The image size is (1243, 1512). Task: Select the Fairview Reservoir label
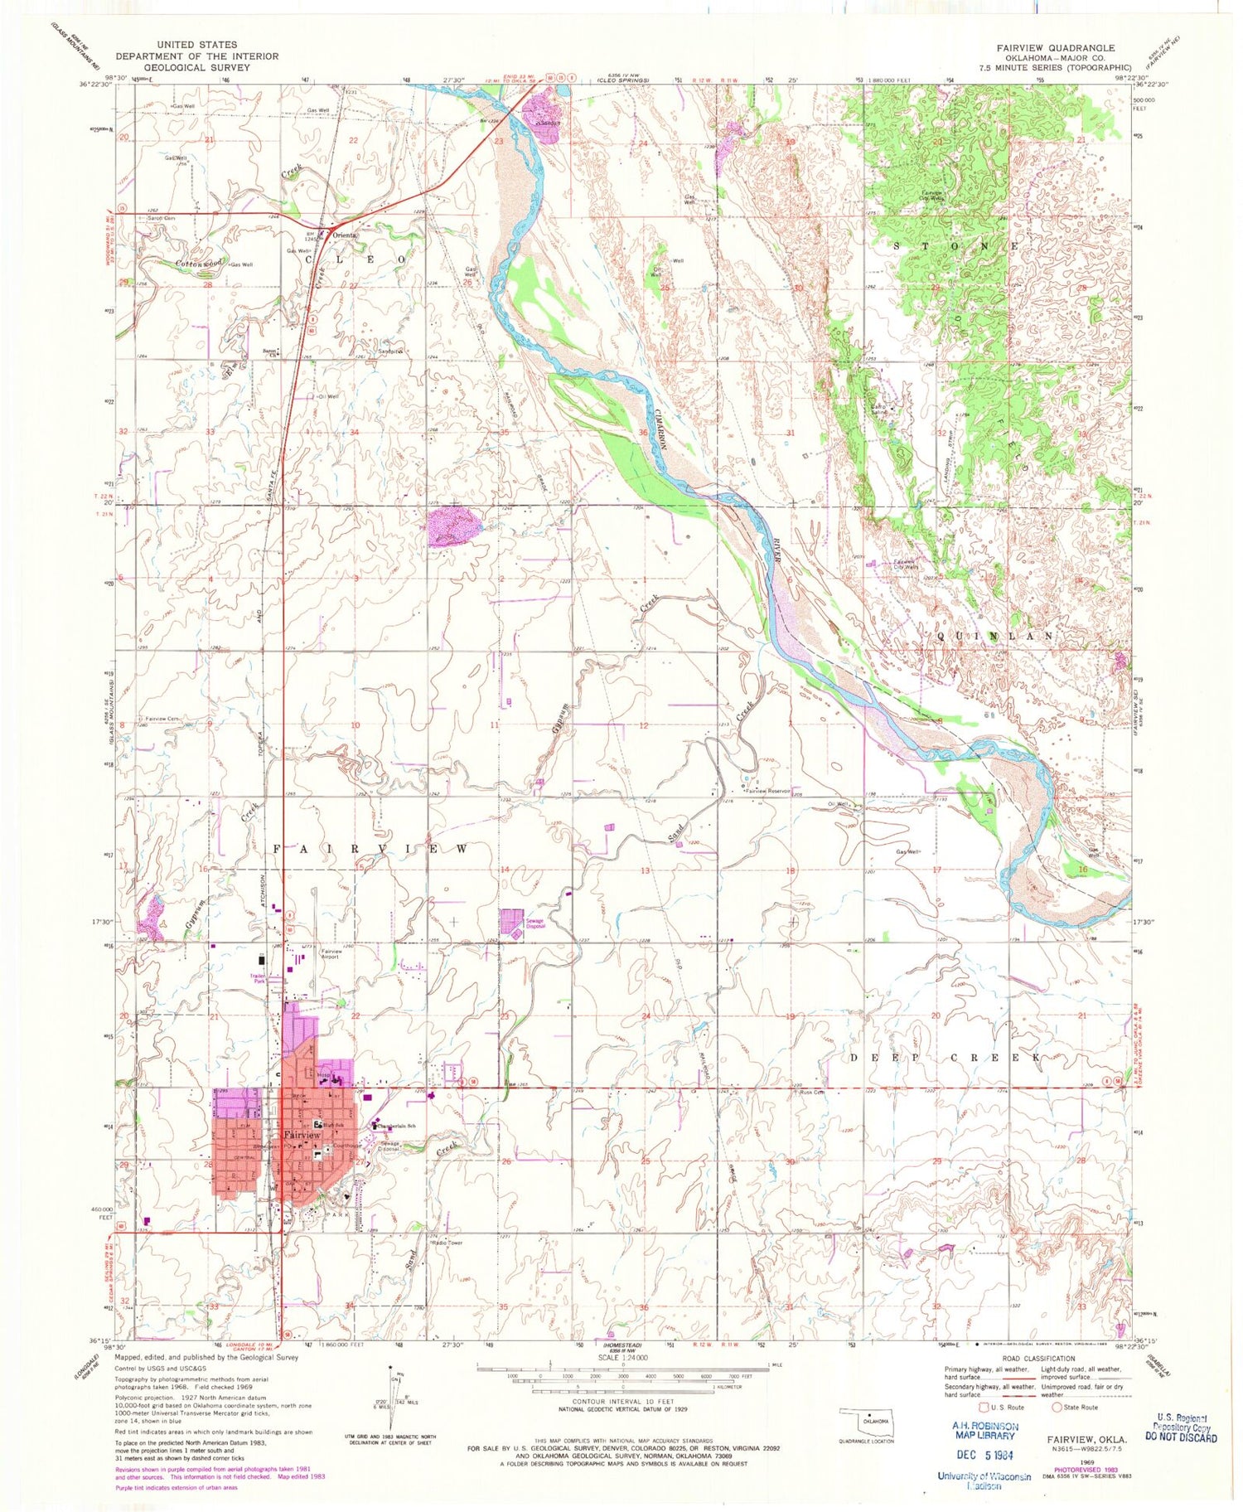769,792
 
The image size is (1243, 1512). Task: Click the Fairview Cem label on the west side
163,719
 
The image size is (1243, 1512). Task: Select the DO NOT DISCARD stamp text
1178,1438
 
